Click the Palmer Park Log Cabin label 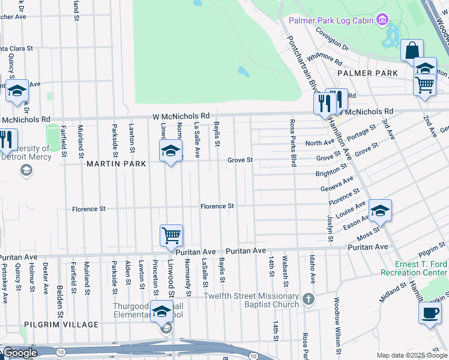pyautogui.click(x=331, y=21)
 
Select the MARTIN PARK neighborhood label pyautogui.click(x=112, y=163)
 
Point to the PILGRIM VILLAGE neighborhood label pyautogui.click(x=61, y=325)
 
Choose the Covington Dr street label pyautogui.click(x=332, y=40)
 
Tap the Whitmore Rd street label pyautogui.click(x=324, y=59)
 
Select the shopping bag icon pyautogui.click(x=412, y=50)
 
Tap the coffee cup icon pyautogui.click(x=430, y=312)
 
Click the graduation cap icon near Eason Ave pyautogui.click(x=380, y=210)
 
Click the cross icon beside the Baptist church pyautogui.click(x=308, y=299)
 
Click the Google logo pyautogui.click(x=20, y=353)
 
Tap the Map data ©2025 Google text pyautogui.click(x=412, y=355)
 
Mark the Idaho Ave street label pyautogui.click(x=312, y=269)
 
